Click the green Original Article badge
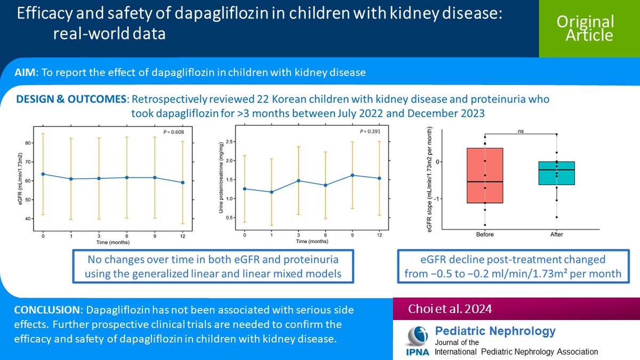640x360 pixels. (x=585, y=28)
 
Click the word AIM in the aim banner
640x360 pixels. (x=26, y=73)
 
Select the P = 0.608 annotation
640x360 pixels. (x=174, y=131)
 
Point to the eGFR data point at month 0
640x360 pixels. (x=43, y=174)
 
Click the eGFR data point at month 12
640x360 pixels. (x=183, y=182)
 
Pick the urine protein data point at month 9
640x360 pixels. (x=352, y=175)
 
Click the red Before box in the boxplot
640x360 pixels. (x=485, y=175)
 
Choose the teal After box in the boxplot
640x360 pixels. (x=557, y=173)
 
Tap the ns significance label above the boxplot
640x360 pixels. (x=521, y=130)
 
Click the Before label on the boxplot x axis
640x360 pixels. (x=485, y=234)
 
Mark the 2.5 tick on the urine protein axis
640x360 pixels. (x=230, y=141)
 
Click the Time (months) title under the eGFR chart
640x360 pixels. (x=113, y=242)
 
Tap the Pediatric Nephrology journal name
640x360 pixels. (x=495, y=331)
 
